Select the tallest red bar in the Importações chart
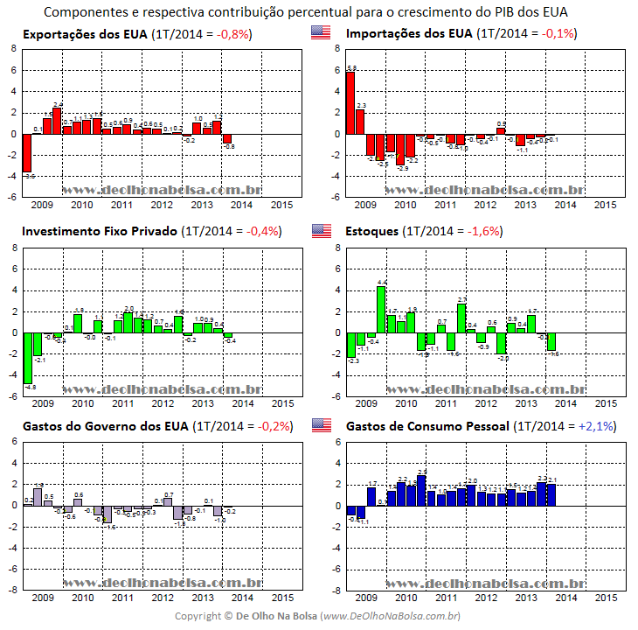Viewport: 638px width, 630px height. (x=350, y=102)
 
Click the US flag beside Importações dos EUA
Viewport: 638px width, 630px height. (x=321, y=34)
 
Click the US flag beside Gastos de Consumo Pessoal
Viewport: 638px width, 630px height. (x=321, y=426)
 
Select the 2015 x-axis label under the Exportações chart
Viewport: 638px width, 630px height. (x=281, y=205)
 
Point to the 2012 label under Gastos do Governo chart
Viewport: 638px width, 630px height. (x=163, y=598)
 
